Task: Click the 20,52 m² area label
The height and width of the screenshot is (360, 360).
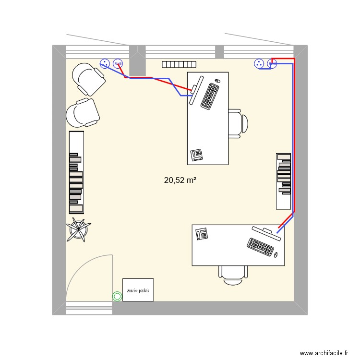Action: (180, 180)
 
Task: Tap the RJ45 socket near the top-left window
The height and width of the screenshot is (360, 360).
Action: (118, 63)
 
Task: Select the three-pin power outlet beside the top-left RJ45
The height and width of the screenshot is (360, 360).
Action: (105, 62)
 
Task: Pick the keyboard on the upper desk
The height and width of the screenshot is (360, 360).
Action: (210, 96)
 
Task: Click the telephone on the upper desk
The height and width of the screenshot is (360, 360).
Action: (197, 154)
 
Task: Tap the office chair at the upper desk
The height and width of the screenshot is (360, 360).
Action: (238, 123)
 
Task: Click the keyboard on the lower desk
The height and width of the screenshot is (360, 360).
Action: (260, 246)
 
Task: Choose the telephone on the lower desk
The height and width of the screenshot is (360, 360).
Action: (202, 234)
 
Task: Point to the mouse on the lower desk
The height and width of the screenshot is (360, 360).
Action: (276, 254)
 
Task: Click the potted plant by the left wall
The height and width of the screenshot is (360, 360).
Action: (78, 229)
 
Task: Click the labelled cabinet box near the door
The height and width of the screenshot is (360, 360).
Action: (138, 290)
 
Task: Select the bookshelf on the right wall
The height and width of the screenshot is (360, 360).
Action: (283, 181)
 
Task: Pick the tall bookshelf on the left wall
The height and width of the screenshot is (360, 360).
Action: (76, 172)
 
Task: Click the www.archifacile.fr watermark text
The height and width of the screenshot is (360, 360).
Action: (325, 353)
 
